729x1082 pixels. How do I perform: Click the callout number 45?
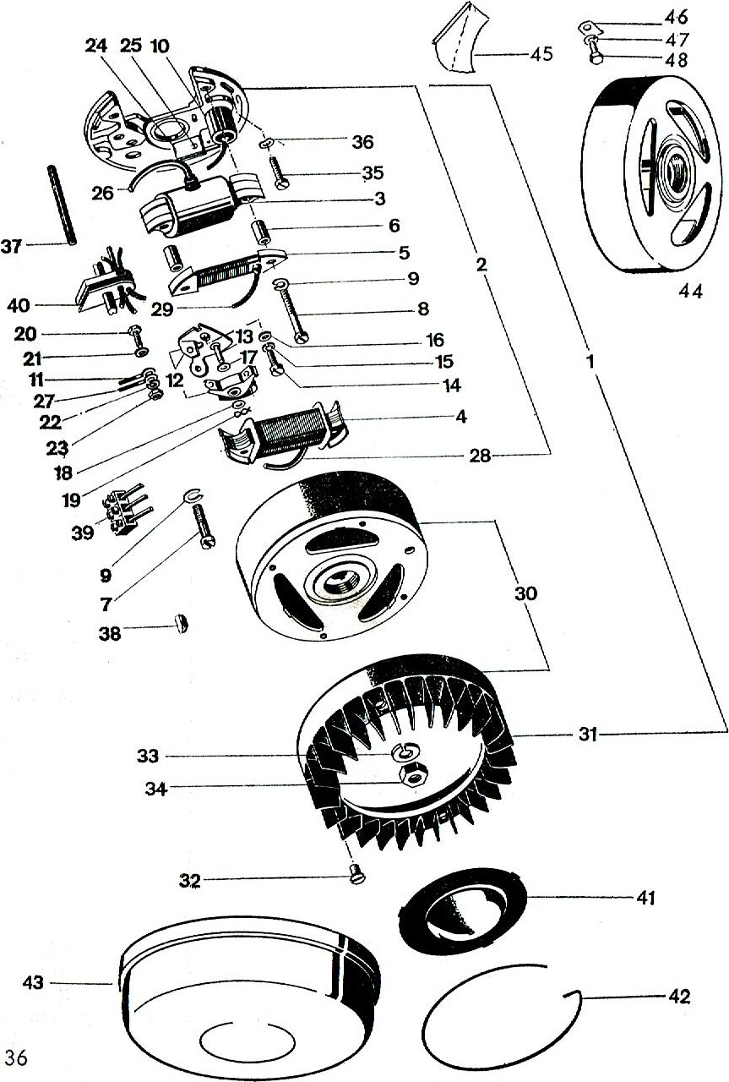click(541, 54)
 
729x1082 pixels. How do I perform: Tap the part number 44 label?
click(691, 291)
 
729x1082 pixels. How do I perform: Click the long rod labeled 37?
click(62, 206)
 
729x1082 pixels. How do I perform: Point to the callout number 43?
click(33, 982)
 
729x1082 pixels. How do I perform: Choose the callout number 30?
click(525, 593)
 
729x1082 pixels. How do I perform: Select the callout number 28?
click(480, 456)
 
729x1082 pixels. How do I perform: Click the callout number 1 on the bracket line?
click(590, 361)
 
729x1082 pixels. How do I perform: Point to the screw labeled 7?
click(204, 526)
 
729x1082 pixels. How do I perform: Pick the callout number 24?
click(98, 46)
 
